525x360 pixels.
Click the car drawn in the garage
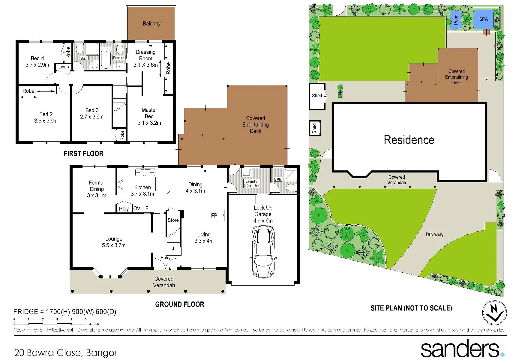tap(263, 252)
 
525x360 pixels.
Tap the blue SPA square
tap(483, 19)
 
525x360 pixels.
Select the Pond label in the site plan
tap(456, 20)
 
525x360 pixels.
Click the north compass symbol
tap(494, 313)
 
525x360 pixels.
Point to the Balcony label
tap(151, 24)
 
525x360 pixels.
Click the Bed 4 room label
tap(37, 58)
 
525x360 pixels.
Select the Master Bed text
tap(149, 113)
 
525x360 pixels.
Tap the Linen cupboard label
tap(63, 67)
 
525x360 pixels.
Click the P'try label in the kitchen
tap(124, 209)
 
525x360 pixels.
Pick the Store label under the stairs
tap(173, 220)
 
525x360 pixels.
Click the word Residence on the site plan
tap(409, 140)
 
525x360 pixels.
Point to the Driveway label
tap(434, 234)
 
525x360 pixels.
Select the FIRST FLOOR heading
tap(83, 154)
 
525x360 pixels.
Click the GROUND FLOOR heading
tap(180, 304)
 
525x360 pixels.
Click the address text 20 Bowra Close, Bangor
tap(66, 353)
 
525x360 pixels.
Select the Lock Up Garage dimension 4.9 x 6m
tap(263, 221)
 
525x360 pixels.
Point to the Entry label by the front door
tap(165, 258)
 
